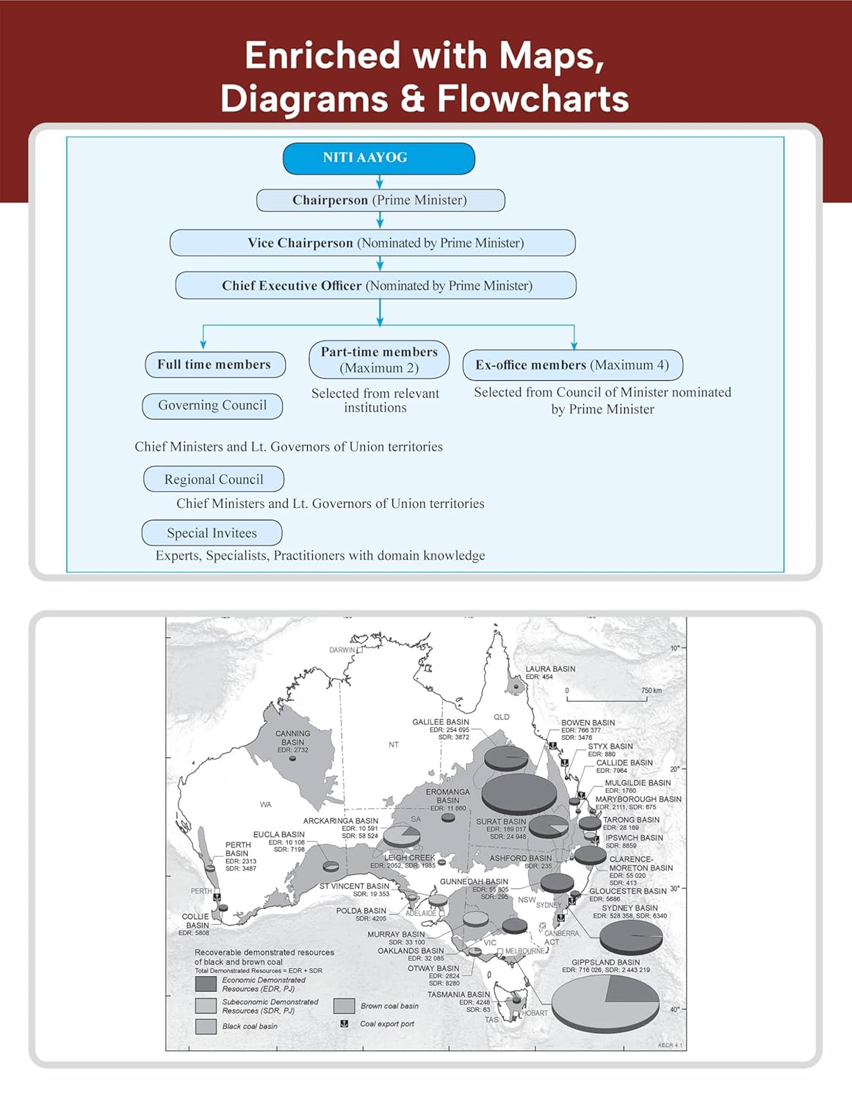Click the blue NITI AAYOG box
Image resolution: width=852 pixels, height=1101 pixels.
[x=379, y=159]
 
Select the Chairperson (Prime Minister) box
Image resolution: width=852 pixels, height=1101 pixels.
[x=380, y=200]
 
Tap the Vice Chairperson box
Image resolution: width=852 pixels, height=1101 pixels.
[x=372, y=243]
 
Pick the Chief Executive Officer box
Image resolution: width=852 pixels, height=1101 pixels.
[x=376, y=286]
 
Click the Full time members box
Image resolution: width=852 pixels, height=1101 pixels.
[x=214, y=365]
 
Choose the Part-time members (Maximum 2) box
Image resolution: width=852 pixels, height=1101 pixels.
[x=379, y=360]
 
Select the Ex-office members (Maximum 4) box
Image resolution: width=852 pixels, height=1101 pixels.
[x=572, y=365]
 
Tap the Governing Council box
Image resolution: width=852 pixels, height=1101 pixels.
[x=212, y=405]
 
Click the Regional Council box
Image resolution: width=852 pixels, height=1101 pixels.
[x=214, y=479]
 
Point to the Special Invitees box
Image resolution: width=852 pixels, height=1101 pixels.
[x=212, y=533]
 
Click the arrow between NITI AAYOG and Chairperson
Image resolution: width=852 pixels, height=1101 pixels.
[x=380, y=181]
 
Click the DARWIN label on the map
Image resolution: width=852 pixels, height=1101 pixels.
[x=342, y=650]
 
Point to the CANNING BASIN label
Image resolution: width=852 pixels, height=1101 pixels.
[x=292, y=737]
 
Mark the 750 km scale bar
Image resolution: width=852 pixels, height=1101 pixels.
[x=607, y=699]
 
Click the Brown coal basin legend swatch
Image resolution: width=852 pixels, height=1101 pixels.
[x=344, y=1006]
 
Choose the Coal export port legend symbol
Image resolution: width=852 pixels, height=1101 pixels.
[x=344, y=1024]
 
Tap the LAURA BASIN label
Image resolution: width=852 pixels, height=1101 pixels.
[x=550, y=669]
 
